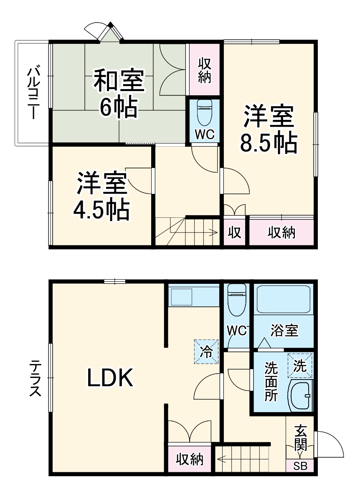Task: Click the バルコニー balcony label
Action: [33, 93]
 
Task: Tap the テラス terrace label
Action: [35, 378]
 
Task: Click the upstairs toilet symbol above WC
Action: [205, 113]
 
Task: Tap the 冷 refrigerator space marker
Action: [206, 352]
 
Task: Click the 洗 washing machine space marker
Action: [300, 364]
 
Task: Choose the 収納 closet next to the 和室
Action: [204, 70]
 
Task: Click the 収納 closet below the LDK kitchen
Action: [189, 459]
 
